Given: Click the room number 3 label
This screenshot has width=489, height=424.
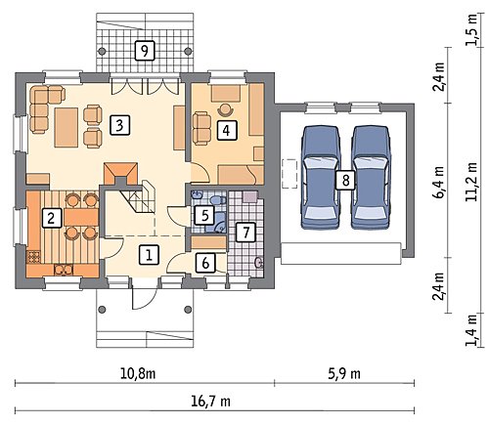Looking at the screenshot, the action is tap(119, 125).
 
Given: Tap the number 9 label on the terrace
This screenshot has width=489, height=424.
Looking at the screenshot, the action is tap(145, 51).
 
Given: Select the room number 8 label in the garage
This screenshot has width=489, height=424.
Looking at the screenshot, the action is tap(345, 180).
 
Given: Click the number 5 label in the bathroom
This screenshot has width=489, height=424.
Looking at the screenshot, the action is tap(204, 215).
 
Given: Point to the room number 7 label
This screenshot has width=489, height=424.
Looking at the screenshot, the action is tap(245, 233).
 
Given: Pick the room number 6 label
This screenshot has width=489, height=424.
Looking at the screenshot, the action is tap(205, 263).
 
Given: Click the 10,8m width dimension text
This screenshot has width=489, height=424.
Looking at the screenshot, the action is tap(138, 374).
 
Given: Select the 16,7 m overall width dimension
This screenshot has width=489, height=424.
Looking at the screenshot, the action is tap(210, 402).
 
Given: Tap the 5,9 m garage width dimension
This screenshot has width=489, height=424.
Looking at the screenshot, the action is tap(344, 374).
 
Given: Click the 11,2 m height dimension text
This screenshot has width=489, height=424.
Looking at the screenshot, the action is tap(470, 181).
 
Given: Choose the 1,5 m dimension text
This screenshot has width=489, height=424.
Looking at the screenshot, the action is tap(470, 30).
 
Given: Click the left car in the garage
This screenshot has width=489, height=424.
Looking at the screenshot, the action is tap(321, 177).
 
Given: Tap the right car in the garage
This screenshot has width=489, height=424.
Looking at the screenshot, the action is tap(372, 177).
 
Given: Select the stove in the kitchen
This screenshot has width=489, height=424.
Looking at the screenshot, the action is tap(33, 257).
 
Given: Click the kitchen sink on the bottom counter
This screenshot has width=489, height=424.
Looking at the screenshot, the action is tap(64, 270).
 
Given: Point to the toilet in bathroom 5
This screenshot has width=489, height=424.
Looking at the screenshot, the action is tap(217, 199).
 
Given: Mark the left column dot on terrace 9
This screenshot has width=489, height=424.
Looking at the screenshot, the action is tap(102, 51).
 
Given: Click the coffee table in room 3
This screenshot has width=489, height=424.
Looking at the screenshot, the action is tap(67, 128).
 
